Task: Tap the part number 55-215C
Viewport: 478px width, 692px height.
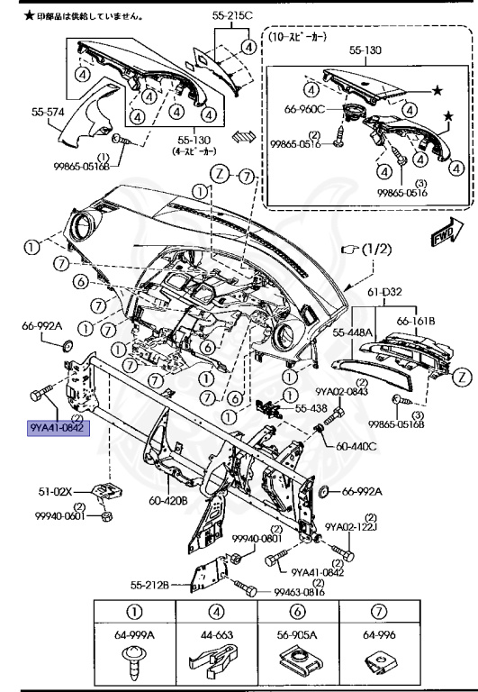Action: pos(233,16)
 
